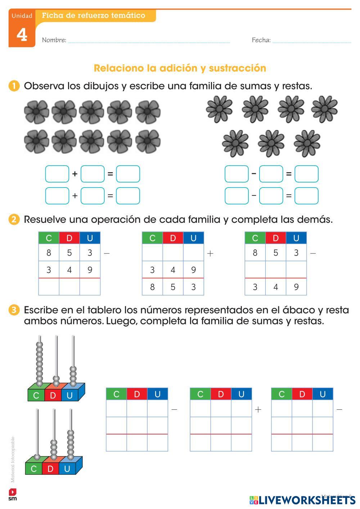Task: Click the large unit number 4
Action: (22, 35)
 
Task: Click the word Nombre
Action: (54, 40)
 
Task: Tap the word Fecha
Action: (261, 40)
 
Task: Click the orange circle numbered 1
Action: (14, 86)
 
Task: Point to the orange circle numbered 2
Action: (14, 219)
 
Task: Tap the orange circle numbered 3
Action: (14, 310)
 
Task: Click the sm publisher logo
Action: (13, 495)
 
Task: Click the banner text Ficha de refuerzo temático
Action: (94, 15)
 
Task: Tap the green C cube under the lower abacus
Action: (34, 469)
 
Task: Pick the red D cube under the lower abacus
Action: (50, 469)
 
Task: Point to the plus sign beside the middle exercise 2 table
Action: (210, 253)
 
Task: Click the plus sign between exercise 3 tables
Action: (258, 410)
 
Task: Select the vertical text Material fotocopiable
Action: (13, 459)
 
